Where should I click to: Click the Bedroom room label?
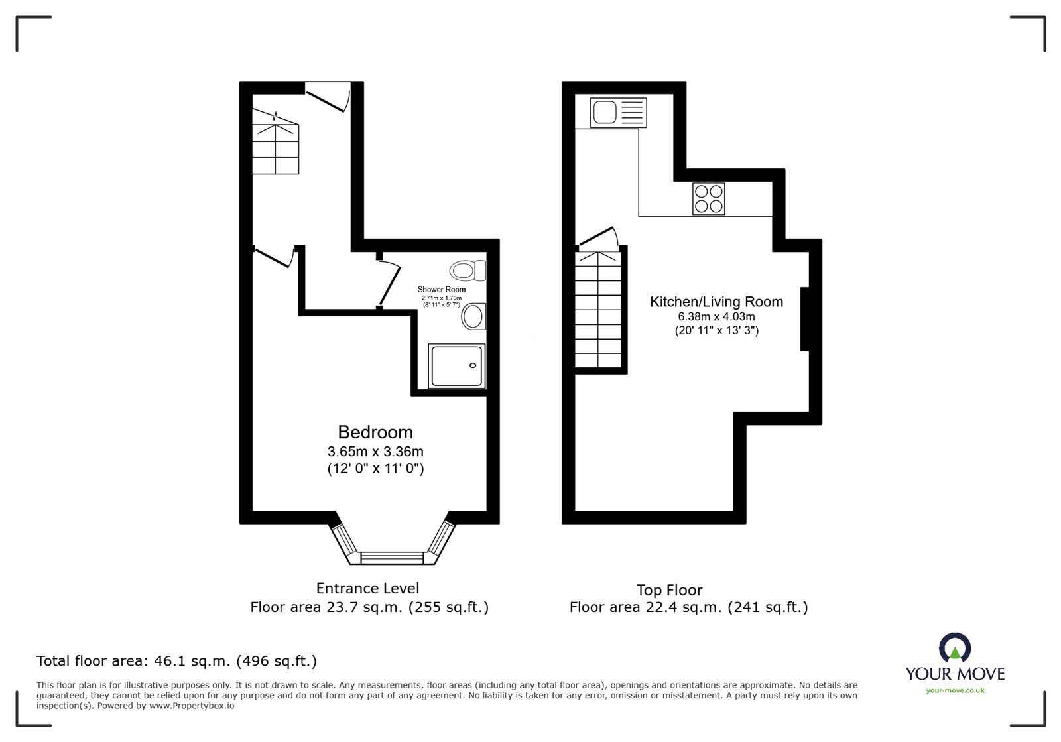tap(375, 432)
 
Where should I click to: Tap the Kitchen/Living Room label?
tap(716, 302)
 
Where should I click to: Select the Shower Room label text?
tap(441, 290)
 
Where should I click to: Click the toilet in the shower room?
tap(468, 271)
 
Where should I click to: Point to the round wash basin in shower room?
tap(473, 316)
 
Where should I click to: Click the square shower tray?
tap(457, 365)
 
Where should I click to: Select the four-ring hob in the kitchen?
tap(708, 198)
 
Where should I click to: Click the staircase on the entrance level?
tap(275, 143)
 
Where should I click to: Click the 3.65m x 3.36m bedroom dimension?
tap(375, 452)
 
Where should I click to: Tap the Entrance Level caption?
tap(367, 588)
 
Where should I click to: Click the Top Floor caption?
tap(669, 590)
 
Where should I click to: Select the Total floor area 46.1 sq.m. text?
tap(176, 661)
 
